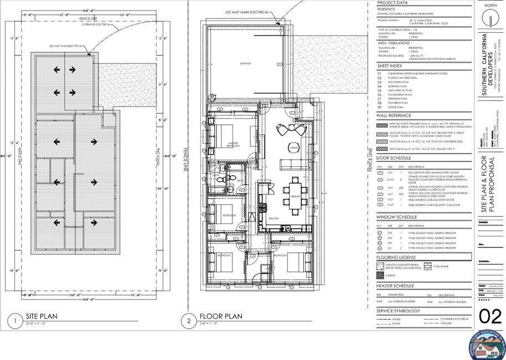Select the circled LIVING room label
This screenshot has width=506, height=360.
coord(294,147)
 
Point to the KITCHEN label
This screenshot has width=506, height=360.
coord(274,219)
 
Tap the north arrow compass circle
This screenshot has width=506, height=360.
coord(489,18)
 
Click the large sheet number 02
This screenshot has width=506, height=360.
coord(489,317)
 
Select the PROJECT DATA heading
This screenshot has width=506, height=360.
coord(393,3)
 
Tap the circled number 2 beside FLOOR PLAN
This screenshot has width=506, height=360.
coord(186,320)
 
